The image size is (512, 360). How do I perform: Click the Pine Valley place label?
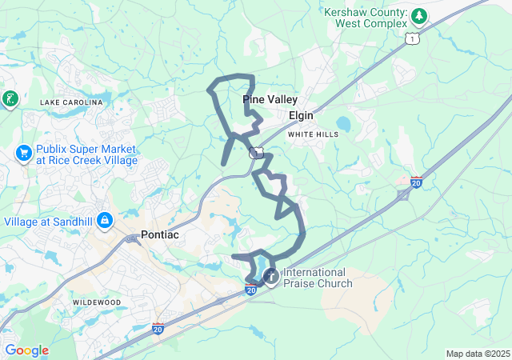tap(270, 100)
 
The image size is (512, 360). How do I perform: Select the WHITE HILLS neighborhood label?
tap(313, 134)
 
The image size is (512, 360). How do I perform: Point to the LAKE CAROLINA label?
tap(72, 102)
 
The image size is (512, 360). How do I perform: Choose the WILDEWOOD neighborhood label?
tap(97, 302)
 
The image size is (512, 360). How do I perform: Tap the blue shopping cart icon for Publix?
tap(22, 152)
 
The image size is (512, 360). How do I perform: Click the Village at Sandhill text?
tap(50, 221)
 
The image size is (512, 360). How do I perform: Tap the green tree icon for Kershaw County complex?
tap(418, 16)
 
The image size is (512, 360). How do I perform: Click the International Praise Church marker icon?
tap(271, 277)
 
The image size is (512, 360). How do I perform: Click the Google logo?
tap(26, 350)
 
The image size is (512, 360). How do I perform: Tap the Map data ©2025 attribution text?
tap(477, 354)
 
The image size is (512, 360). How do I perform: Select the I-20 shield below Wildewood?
tap(158, 328)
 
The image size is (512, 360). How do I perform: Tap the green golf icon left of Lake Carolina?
tap(10, 99)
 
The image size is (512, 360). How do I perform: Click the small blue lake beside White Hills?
tap(344, 124)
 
